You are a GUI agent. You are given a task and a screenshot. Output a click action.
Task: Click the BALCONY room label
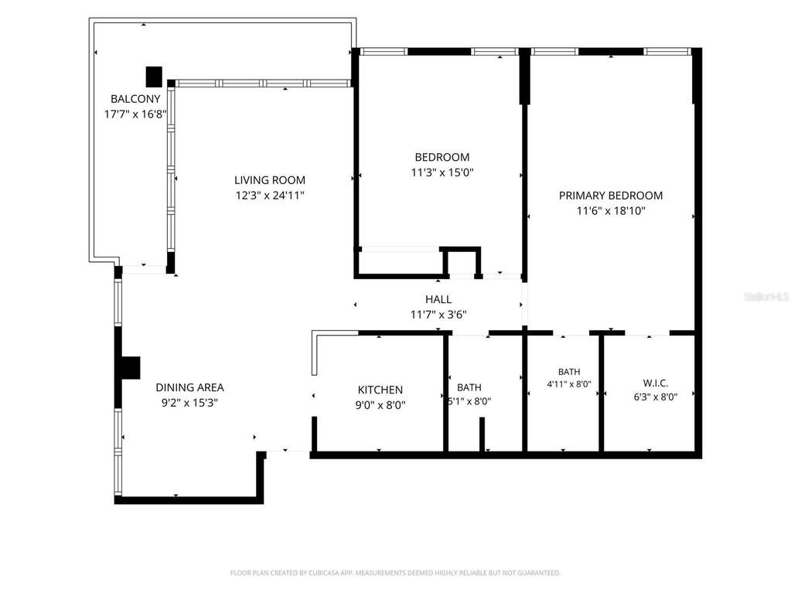[135, 99]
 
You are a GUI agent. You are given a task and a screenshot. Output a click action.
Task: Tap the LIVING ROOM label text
[269, 180]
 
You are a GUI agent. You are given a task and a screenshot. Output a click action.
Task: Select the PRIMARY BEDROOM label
[610, 196]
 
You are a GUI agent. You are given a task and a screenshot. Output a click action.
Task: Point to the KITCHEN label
[380, 390]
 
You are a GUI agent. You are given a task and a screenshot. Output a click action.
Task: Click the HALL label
[438, 299]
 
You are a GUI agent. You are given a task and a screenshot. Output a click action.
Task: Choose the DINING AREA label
[189, 388]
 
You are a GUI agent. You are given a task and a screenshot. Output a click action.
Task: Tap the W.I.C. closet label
[655, 383]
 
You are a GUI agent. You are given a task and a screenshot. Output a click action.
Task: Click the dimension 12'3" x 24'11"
[269, 195]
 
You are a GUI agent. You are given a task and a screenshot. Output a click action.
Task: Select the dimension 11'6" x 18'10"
[610, 211]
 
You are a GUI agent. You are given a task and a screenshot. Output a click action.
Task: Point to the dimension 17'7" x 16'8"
[135, 114]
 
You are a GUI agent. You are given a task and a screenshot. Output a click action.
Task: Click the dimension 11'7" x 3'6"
[438, 315]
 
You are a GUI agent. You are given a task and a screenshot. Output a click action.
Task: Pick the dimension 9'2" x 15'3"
[189, 403]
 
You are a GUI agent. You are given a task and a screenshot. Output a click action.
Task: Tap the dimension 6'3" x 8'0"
[655, 397]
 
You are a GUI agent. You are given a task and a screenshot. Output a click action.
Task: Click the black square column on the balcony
[154, 77]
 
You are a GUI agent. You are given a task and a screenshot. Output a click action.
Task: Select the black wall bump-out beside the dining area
[131, 367]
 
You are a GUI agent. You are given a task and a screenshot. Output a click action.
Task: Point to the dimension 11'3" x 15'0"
[442, 172]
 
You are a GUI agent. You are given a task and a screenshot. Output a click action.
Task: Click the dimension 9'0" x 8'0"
[380, 405]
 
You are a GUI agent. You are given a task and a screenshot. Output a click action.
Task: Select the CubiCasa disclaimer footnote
[395, 573]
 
